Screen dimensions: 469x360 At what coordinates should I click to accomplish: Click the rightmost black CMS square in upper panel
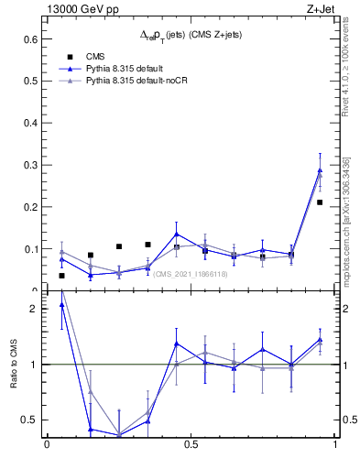click(x=320, y=202)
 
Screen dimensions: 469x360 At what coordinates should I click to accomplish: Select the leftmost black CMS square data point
click(x=61, y=276)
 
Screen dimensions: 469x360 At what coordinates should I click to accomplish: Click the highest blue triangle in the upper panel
click(x=320, y=169)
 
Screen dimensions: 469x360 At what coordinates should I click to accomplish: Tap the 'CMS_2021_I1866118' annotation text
click(x=190, y=274)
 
